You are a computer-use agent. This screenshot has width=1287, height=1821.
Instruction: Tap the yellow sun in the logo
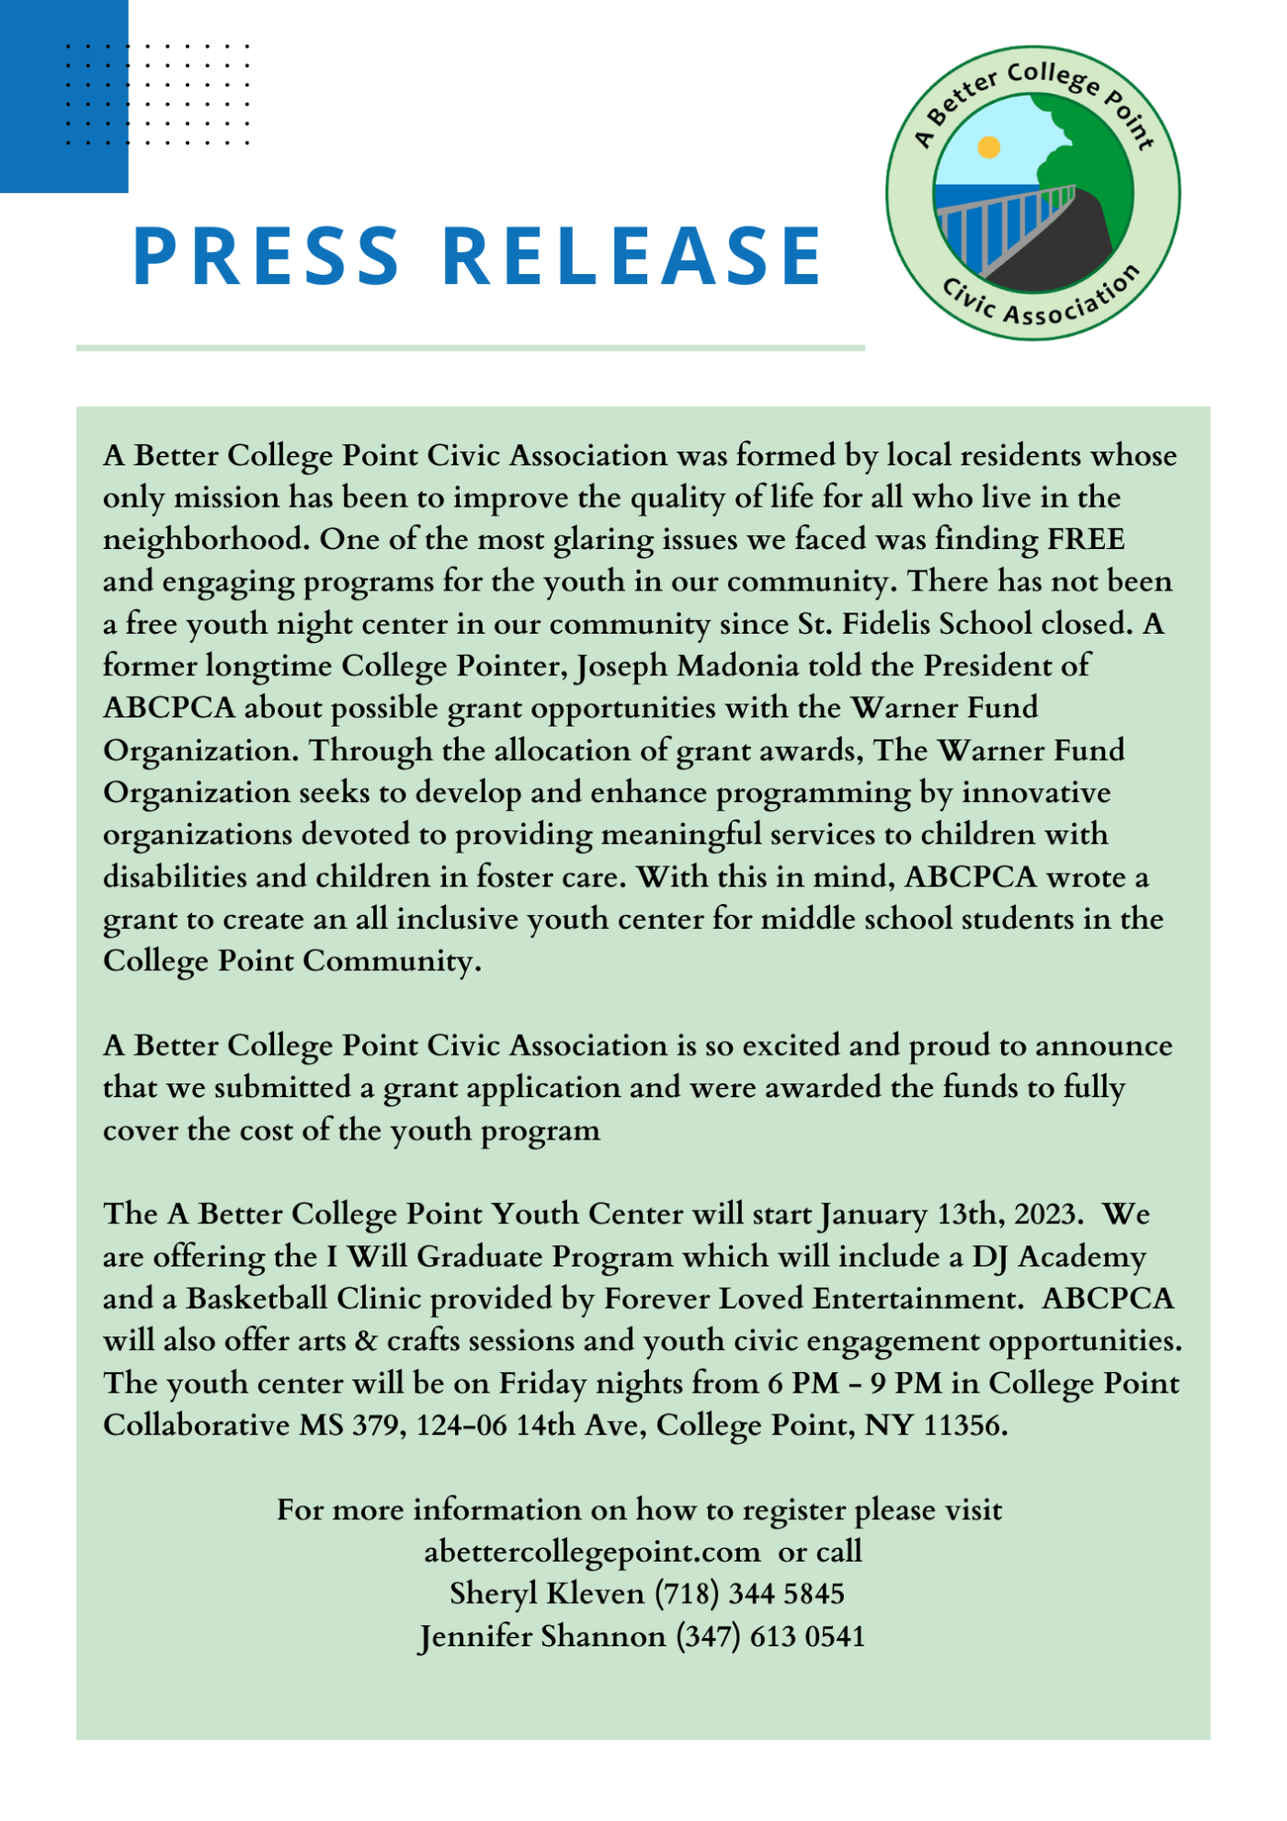pos(988,147)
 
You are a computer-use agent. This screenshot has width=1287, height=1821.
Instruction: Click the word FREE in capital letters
pos(1087,539)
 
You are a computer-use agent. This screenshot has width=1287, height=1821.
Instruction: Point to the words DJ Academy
pos(1059,1256)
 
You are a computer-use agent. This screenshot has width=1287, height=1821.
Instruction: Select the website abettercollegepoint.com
pos(592,1552)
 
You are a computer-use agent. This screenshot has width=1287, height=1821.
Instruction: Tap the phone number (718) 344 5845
pos(749,1594)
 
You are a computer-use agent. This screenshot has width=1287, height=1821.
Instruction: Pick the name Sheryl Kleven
pos(547,1594)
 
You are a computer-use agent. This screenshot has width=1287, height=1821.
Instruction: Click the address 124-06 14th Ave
pos(530,1426)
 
